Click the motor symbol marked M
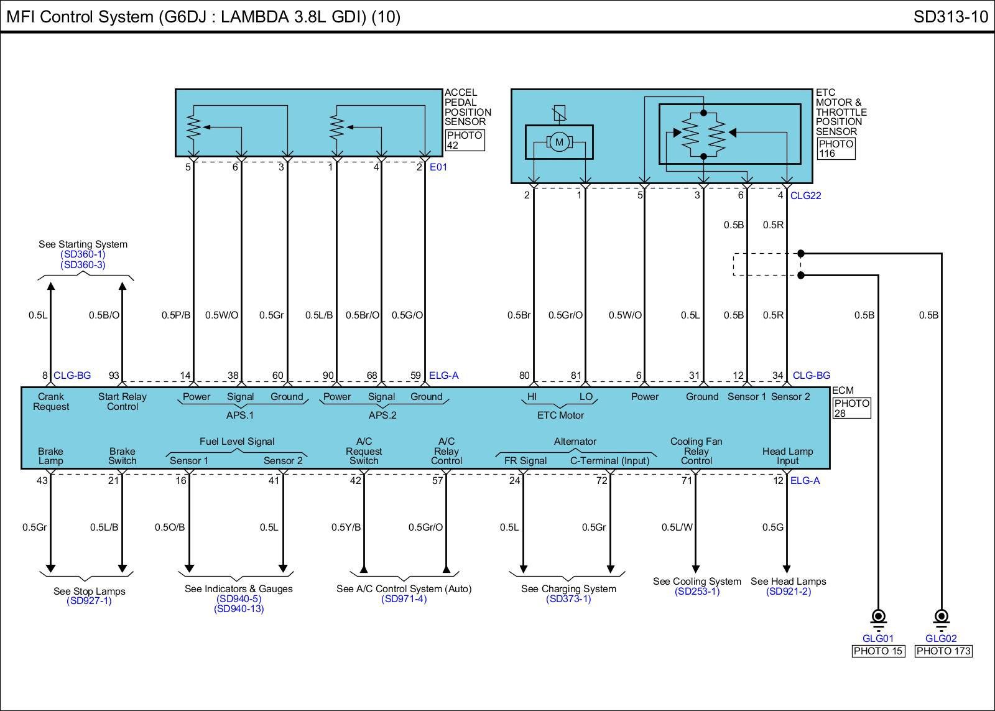click(x=559, y=142)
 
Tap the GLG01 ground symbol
click(x=878, y=618)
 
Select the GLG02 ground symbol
click(x=941, y=618)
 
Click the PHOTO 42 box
click(x=465, y=141)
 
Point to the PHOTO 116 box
click(x=836, y=149)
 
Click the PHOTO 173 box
click(x=943, y=651)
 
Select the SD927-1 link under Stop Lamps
click(x=89, y=601)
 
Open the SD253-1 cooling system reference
click(x=696, y=592)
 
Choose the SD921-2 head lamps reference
click(x=789, y=592)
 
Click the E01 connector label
click(x=438, y=167)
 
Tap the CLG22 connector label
click(x=805, y=195)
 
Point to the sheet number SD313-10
click(x=950, y=17)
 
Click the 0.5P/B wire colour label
click(x=176, y=315)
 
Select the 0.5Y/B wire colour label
click(x=346, y=527)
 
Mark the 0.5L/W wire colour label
click(x=677, y=527)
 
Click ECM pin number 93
click(x=114, y=375)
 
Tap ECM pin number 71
click(x=687, y=480)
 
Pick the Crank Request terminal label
click(x=51, y=402)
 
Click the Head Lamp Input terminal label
click(x=787, y=456)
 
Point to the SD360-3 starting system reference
click(x=83, y=265)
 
